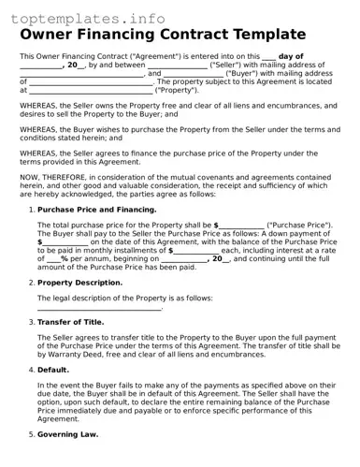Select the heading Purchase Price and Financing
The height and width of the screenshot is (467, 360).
tap(96, 210)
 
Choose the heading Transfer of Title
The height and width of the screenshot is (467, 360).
tap(70, 321)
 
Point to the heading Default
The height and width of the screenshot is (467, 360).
tap(52, 370)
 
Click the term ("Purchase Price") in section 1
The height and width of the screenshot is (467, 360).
tap(299, 226)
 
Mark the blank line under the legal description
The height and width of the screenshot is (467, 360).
tap(99, 307)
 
